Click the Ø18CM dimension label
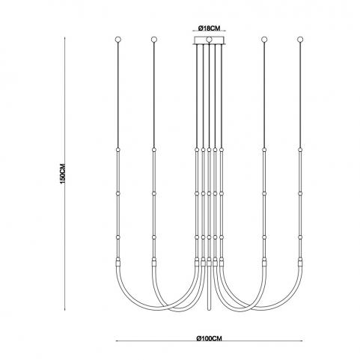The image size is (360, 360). click(x=209, y=28)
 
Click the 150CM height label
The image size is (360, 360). click(x=63, y=174)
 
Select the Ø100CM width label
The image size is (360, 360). click(x=209, y=338)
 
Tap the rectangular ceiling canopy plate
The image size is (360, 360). click(x=209, y=40)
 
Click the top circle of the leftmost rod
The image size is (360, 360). click(x=118, y=40)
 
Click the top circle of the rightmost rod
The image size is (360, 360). click(x=300, y=40)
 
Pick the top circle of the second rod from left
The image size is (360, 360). click(x=154, y=40)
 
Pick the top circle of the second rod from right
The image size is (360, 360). click(x=264, y=40)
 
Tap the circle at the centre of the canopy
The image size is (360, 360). click(x=209, y=40)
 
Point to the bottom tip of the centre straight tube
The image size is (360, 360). click(x=209, y=310)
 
